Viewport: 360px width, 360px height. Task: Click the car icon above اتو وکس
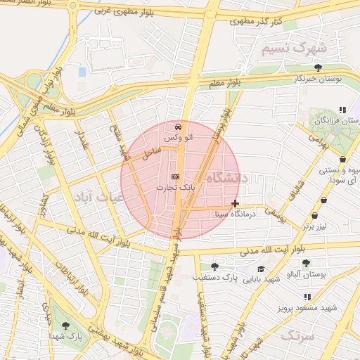pos(177,127)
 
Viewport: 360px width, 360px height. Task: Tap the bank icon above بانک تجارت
pos(175,176)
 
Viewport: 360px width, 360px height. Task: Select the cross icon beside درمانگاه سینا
pos(235,203)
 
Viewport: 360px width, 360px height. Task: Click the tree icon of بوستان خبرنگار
pos(319,67)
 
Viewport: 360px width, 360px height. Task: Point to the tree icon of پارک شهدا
pos(65,326)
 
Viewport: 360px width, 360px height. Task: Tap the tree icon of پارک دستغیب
pos(214,266)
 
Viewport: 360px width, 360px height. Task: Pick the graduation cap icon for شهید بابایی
pos(261,269)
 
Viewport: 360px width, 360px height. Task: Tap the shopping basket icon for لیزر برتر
pos(323,216)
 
